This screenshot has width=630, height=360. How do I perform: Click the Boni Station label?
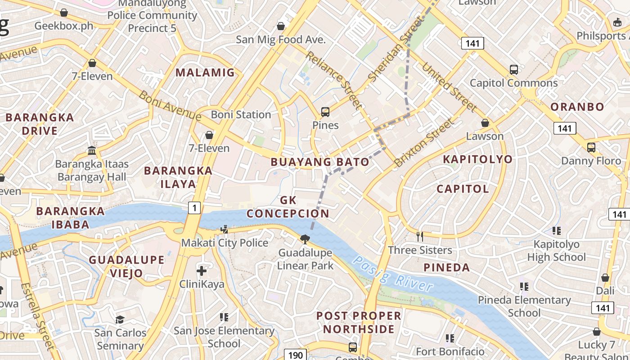241,115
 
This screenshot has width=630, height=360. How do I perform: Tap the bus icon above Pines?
325,112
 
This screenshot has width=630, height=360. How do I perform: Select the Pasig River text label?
393,274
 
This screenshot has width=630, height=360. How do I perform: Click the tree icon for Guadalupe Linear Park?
305,239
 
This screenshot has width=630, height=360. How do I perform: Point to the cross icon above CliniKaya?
202,271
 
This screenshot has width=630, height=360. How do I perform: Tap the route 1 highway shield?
194,207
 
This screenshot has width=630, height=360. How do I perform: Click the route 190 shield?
295,355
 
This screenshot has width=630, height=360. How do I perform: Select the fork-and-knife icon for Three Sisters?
420,236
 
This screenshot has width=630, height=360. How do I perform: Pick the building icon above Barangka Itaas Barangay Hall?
92,150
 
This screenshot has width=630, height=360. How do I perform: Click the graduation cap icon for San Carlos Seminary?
120,319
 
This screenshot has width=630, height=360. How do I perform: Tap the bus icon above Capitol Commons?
513,70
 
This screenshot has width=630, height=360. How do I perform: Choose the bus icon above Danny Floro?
591,148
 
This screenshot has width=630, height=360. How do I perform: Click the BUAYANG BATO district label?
320,162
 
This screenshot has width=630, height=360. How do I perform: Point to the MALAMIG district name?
205,72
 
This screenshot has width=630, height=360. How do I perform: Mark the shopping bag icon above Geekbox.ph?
64,13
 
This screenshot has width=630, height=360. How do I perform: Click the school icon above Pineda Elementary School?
524,286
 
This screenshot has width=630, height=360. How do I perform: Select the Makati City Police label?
225,243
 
